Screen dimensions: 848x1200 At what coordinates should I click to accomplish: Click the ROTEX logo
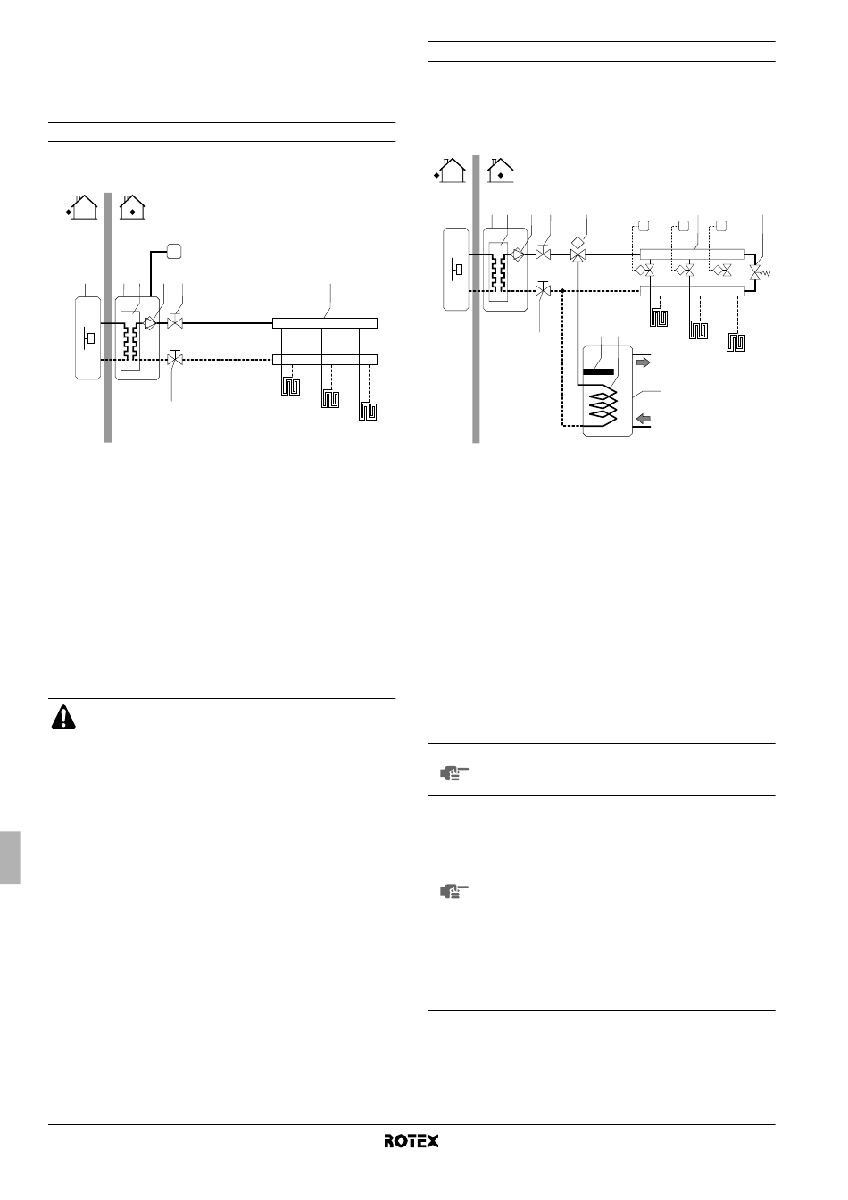[x=411, y=1141]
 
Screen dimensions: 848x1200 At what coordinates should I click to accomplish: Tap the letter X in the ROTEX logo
[x=432, y=1141]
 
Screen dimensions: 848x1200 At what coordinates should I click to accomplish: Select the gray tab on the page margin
[x=10, y=857]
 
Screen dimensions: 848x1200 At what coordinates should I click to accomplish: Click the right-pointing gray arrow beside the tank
[x=643, y=362]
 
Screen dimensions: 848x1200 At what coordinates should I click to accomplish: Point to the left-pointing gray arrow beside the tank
[x=643, y=419]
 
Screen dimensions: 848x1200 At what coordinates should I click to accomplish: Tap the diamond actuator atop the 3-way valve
[x=578, y=242]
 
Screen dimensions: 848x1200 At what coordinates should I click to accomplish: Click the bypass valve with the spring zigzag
[x=759, y=273]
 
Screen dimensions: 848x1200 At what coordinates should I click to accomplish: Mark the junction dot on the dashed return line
[x=562, y=291]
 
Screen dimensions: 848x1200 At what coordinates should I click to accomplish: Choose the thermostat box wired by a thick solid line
[x=174, y=251]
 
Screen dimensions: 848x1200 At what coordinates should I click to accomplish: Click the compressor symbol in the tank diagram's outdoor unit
[x=457, y=270]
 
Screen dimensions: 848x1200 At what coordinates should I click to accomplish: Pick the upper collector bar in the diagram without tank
[x=325, y=323]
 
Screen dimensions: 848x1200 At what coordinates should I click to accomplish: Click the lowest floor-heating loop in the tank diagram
[x=736, y=342]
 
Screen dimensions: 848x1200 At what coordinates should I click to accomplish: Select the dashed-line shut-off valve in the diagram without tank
[x=175, y=359]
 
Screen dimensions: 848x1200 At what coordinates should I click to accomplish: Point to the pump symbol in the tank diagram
[x=518, y=254]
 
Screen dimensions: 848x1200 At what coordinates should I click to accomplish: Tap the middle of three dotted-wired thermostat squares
[x=684, y=226]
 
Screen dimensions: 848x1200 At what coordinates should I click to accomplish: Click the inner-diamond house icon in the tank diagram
[x=501, y=171]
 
